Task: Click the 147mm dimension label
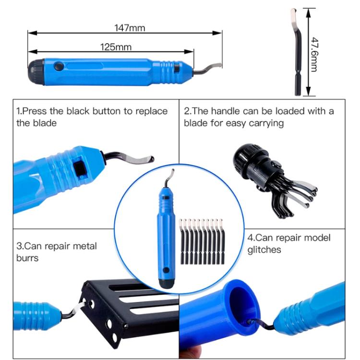click(129, 27)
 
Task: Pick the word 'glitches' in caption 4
click(264, 250)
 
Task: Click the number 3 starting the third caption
click(19, 246)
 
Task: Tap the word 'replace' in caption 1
click(152, 111)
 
